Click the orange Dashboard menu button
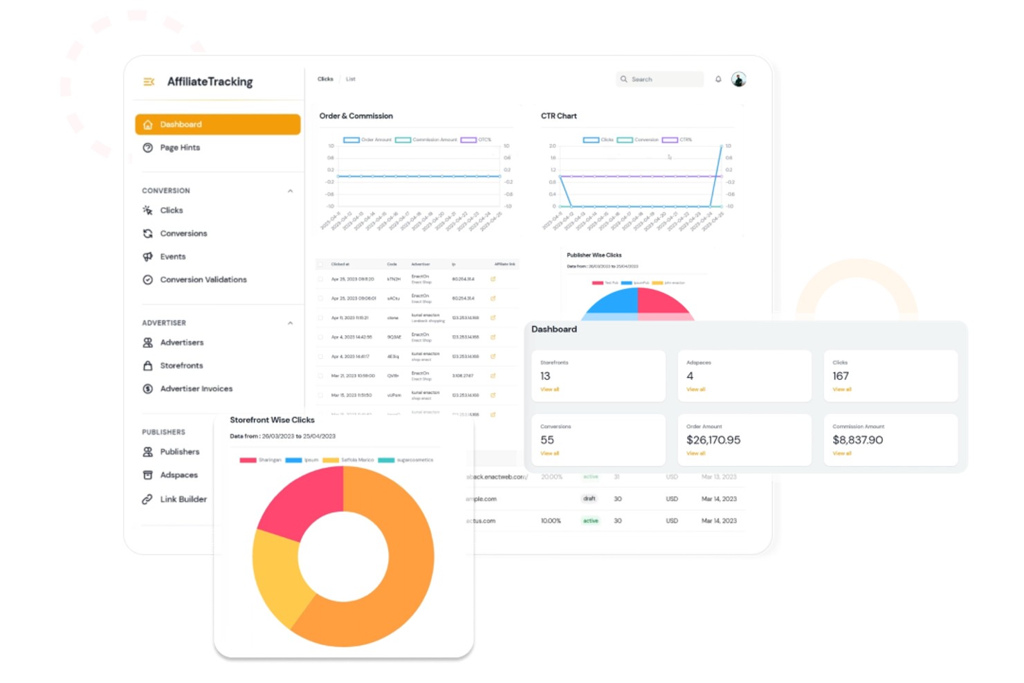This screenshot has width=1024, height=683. tap(217, 125)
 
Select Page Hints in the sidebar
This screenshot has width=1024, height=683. tap(180, 147)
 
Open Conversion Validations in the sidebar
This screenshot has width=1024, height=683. tap(203, 280)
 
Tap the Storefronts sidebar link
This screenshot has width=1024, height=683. tap(181, 365)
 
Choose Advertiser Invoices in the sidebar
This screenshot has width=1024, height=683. tap(196, 389)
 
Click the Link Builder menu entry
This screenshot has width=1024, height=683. tap(183, 499)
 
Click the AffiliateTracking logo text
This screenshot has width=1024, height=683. tap(210, 82)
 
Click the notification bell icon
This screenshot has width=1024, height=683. tap(718, 80)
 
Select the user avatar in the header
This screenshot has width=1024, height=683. tap(739, 80)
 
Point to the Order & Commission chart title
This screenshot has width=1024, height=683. tap(356, 116)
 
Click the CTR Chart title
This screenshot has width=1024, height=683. tap(558, 116)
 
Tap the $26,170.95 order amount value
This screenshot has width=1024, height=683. tap(713, 440)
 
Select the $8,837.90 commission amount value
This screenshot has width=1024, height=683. tap(857, 440)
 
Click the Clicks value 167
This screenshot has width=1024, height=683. tap(841, 376)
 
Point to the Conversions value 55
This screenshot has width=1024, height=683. tap(547, 440)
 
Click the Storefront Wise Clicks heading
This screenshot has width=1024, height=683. tap(272, 420)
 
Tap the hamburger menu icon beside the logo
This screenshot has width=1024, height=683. tap(149, 82)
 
